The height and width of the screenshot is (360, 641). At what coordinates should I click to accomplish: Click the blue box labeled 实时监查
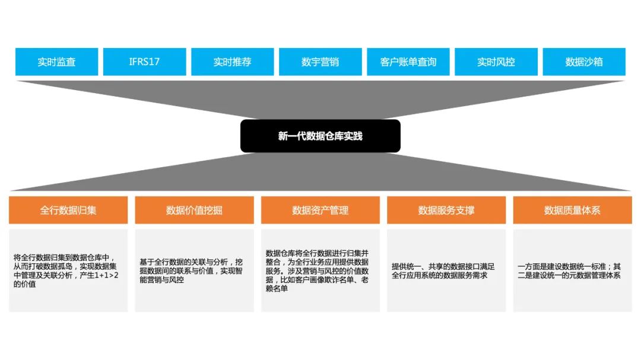pos(56,62)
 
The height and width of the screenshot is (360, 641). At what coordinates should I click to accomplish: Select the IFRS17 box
pos(144,62)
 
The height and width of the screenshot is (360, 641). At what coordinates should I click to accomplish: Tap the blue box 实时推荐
pos(232,62)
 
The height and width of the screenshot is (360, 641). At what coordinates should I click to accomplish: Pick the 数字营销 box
pos(320,62)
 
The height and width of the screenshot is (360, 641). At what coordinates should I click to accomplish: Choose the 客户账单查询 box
pos(408,62)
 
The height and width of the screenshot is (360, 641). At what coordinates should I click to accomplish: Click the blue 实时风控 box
pos(496,62)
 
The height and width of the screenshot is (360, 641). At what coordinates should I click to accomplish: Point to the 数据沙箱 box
pos(584,62)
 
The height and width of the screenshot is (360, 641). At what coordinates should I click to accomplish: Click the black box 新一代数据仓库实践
pos(320,136)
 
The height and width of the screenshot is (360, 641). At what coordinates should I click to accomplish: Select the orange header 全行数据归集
pos(68,210)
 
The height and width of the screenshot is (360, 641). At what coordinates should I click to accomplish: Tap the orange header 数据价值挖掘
pos(194,210)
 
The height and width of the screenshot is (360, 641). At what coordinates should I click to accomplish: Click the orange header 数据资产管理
pos(320,210)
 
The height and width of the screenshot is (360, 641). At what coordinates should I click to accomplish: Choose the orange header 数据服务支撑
pos(446,210)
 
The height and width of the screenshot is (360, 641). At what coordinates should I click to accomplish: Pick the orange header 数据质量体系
pos(572,210)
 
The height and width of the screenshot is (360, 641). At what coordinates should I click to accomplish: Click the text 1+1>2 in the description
pos(105,275)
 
